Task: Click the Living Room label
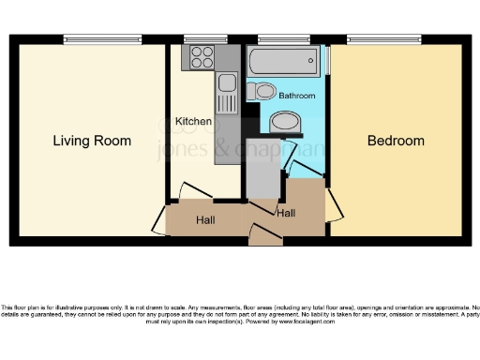click(x=92, y=142)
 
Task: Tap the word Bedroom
click(x=395, y=142)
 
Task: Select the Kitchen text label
click(x=193, y=122)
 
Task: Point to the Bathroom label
click(x=296, y=97)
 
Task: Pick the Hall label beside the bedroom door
click(x=286, y=214)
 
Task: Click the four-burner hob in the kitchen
click(x=202, y=57)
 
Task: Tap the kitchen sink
click(x=226, y=94)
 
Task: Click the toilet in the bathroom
click(x=264, y=92)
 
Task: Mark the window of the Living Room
click(x=102, y=39)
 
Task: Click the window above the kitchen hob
click(x=205, y=39)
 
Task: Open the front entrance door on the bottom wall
click(x=266, y=234)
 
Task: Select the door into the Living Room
click(x=159, y=217)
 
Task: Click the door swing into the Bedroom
click(x=333, y=202)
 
